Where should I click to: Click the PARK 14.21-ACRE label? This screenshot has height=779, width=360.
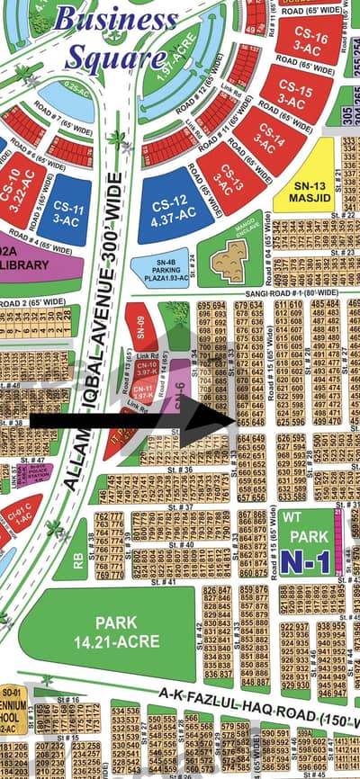(x=130, y=633)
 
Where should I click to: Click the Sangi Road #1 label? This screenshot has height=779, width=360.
(x=272, y=293)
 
